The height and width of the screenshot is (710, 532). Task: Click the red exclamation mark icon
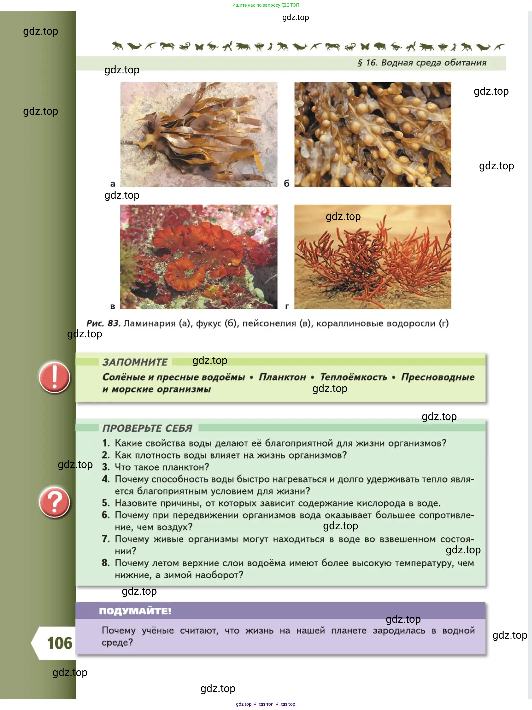click(54, 377)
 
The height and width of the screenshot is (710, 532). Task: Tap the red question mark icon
click(54, 502)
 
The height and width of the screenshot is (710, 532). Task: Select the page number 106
click(60, 643)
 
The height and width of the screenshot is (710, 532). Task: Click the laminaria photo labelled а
click(199, 134)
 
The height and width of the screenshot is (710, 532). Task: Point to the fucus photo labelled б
click(373, 134)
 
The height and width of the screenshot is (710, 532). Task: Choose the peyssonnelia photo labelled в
click(199, 257)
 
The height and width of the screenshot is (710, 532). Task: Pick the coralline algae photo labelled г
click(373, 257)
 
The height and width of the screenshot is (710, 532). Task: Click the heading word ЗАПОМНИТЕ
click(135, 362)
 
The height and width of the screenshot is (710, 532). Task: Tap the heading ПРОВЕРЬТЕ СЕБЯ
click(147, 428)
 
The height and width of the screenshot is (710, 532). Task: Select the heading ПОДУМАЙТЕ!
click(135, 611)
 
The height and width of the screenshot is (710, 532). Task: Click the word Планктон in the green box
click(282, 377)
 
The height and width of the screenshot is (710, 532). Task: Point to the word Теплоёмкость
click(354, 377)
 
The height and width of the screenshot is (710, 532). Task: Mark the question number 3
click(106, 467)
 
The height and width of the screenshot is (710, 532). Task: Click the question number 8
click(106, 563)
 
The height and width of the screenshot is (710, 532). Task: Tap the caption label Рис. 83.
click(103, 323)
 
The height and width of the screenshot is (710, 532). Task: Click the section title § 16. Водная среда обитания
click(422, 63)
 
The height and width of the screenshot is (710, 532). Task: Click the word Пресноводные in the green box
click(438, 377)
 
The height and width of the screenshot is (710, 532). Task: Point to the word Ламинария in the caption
click(149, 323)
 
